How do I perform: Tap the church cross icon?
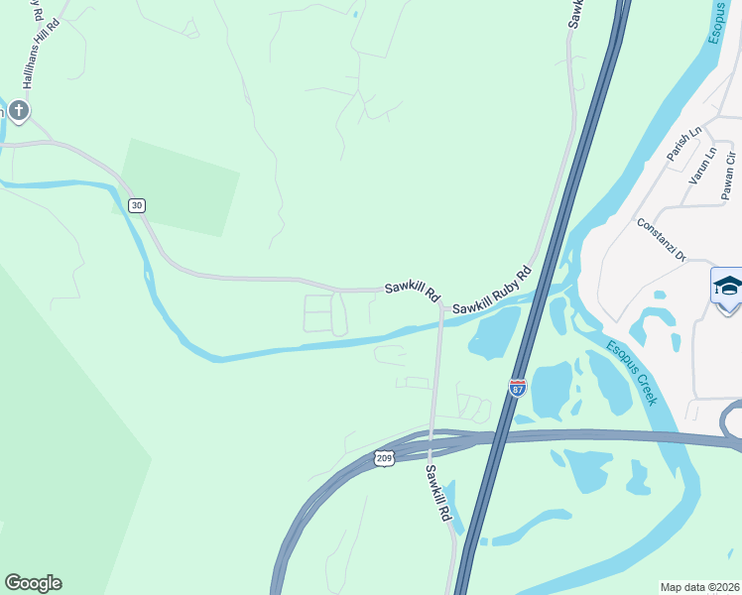19,110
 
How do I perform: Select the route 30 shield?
137,205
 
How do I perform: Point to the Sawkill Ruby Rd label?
492,291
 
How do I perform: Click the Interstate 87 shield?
517,388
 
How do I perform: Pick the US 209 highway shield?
385,457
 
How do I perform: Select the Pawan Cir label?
729,172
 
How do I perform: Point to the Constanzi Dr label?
662,239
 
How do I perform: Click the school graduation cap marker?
728,287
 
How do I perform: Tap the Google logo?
33,583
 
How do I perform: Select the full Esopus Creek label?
631,372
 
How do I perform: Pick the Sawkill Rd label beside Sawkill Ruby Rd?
412,292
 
